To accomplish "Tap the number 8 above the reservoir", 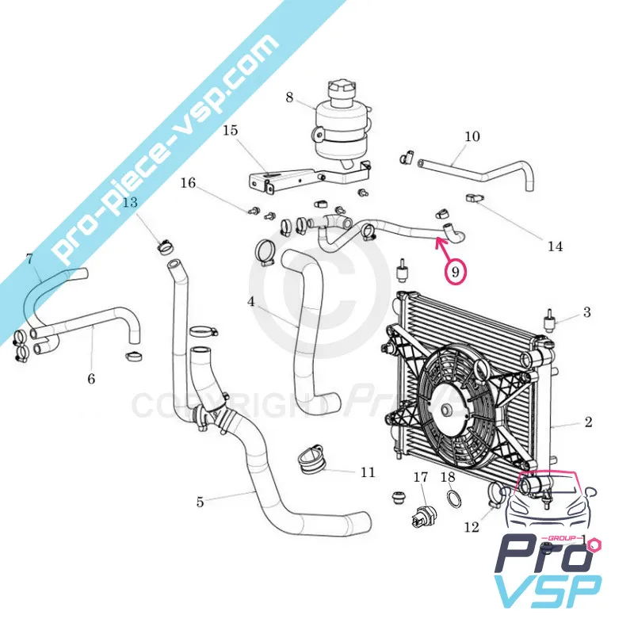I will point(289,98).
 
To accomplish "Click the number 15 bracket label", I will point(230,129).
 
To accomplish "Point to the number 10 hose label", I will point(472,136).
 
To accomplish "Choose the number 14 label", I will point(555,246).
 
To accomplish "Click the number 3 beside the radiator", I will point(586,312).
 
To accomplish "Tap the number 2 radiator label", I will point(588,422).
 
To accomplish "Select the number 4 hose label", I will point(250,301).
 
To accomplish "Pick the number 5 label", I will point(200,501).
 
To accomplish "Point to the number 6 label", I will point(91,379).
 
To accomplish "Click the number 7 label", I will point(29,258).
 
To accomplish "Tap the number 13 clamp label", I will point(130,202).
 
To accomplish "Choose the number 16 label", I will point(188,183).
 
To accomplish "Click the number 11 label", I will point(368,472).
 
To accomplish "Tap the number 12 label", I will point(472,527).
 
